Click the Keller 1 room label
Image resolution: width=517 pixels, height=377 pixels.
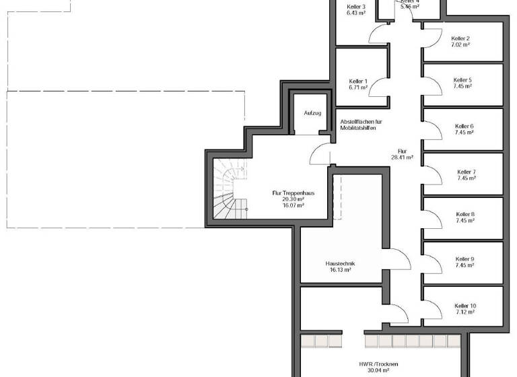click(x=358, y=81)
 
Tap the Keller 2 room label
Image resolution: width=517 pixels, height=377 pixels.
click(x=460, y=38)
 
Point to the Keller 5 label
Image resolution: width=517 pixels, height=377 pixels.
click(x=462, y=79)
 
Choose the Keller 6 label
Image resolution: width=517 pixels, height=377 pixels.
click(x=464, y=126)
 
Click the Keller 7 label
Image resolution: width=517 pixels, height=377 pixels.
click(x=466, y=172)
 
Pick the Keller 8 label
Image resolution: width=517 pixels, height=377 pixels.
click(x=465, y=215)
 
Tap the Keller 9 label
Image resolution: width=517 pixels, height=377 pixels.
click(x=464, y=259)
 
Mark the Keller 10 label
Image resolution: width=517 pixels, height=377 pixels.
click(x=465, y=306)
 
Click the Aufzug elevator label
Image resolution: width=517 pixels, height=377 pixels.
click(x=312, y=113)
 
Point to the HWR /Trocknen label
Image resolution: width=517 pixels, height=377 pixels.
click(x=378, y=364)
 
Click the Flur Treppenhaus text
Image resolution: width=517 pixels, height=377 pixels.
click(x=293, y=193)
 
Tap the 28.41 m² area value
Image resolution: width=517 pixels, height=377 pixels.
click(x=402, y=158)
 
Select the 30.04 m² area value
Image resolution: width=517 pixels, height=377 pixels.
click(x=378, y=370)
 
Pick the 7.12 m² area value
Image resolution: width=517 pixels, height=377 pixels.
click(x=465, y=312)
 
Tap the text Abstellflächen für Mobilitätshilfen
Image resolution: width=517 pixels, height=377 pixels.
click(x=361, y=124)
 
